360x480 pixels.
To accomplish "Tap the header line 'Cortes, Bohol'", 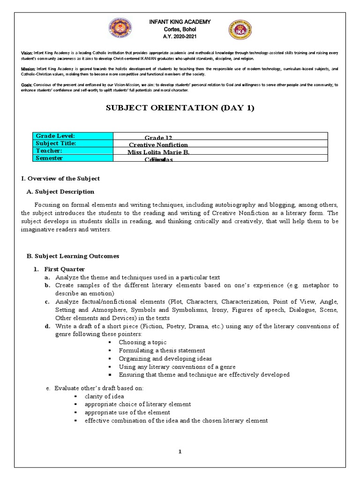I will (x=180, y=29).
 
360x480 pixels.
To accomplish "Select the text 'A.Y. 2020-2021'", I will (x=180, y=36).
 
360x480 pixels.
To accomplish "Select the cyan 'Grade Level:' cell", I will (x=74, y=136).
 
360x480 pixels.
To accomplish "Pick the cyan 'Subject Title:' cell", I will (x=74, y=143).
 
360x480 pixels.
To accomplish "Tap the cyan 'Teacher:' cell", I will (x=74, y=151).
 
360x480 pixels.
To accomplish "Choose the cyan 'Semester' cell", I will (x=74, y=158).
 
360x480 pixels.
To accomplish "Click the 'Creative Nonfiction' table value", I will (x=158, y=145).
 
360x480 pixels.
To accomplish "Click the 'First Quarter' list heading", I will (x=64, y=269).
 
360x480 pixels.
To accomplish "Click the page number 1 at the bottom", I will (x=180, y=452).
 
